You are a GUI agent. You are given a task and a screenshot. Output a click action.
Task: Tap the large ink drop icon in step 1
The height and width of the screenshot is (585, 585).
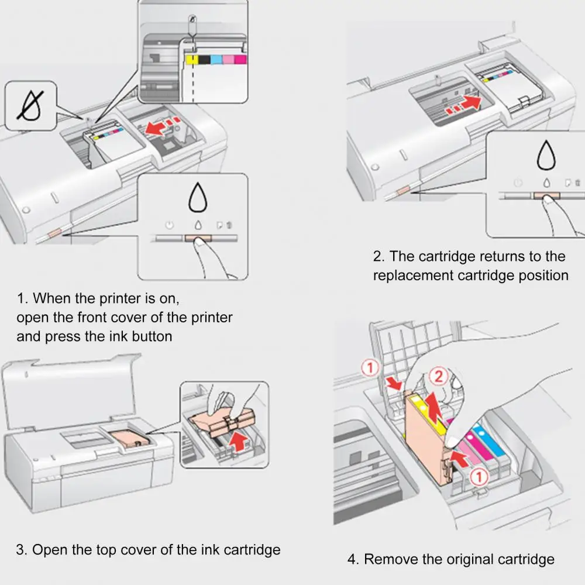[197, 198]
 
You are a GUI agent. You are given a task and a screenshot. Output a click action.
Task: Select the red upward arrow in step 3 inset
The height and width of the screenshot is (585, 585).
[238, 440]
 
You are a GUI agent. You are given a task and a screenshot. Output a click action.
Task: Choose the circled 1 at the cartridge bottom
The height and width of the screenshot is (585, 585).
[479, 478]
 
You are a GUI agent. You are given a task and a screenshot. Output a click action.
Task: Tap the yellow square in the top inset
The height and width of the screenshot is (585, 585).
[190, 59]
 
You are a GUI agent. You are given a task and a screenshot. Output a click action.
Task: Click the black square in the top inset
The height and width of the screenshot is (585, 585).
[204, 59]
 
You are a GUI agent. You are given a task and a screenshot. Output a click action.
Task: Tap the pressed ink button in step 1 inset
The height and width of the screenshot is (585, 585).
[197, 239]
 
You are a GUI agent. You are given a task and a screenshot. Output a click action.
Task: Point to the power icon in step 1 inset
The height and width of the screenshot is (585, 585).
[168, 225]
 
